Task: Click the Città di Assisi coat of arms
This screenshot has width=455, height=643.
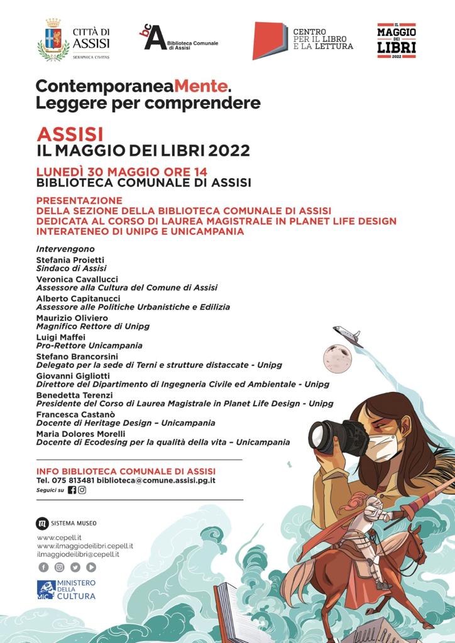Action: coord(53,40)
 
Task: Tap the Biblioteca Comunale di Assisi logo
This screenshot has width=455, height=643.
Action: coord(155,38)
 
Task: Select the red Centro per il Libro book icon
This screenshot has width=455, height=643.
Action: coord(270,40)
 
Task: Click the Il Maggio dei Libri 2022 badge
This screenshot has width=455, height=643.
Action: coord(396,41)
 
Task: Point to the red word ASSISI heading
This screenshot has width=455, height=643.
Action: coord(70,134)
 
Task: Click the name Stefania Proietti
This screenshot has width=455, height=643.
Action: coord(70,259)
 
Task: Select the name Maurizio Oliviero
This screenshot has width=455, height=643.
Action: coord(72,318)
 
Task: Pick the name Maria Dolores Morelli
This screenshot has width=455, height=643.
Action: coord(80,434)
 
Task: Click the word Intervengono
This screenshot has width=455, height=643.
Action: coord(65,249)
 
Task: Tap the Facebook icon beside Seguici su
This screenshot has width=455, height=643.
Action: coord(72,490)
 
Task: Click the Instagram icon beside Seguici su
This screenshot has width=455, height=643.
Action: coord(82,490)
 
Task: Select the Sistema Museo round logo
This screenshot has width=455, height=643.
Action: coord(42,522)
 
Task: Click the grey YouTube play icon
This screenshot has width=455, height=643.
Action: coord(91,567)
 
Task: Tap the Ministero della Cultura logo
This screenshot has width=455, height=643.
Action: coord(66,590)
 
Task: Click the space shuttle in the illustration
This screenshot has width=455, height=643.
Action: coord(348,336)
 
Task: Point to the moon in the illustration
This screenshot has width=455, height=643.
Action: coord(336,358)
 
